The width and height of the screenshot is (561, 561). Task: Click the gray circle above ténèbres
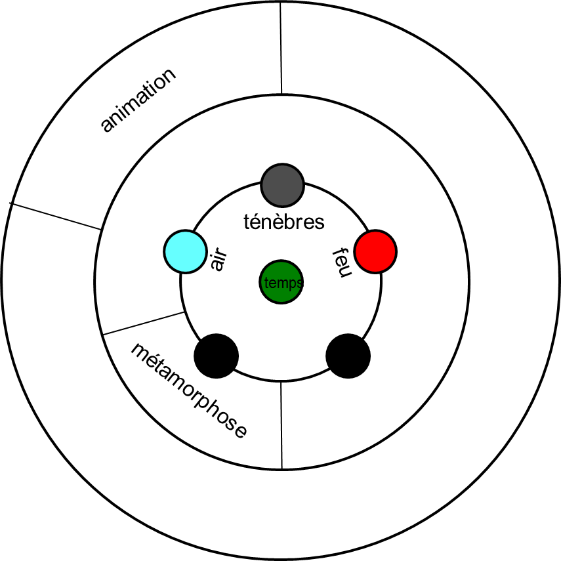282,185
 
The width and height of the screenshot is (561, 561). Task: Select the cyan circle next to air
186,251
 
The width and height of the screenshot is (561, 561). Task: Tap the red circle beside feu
375,251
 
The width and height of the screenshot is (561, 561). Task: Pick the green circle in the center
281,282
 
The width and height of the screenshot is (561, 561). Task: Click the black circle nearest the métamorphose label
217,356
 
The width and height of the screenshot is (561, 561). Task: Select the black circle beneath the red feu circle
348,356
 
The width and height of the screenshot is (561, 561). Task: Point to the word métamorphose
189,390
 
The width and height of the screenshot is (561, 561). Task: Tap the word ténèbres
283,222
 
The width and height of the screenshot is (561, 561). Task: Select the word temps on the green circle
282,283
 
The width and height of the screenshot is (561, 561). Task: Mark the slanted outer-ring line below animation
57,217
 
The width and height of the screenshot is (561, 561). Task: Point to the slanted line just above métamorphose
143,323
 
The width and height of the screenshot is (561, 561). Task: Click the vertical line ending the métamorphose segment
281,425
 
